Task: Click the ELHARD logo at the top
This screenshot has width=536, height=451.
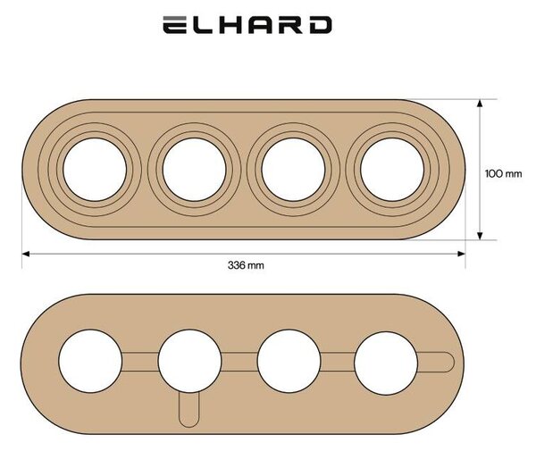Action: pyautogui.click(x=247, y=25)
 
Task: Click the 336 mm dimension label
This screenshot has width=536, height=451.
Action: pyautogui.click(x=246, y=265)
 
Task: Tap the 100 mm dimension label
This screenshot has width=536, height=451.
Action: pyautogui.click(x=504, y=174)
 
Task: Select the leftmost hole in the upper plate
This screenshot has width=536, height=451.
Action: pyautogui.click(x=95, y=170)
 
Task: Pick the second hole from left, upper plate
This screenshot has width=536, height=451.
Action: pyautogui.click(x=194, y=170)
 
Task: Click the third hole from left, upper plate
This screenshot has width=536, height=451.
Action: pyautogui.click(x=293, y=170)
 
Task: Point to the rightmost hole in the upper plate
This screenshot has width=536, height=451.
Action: pyautogui.click(x=392, y=170)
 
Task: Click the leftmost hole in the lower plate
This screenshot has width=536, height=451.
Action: pyautogui.click(x=90, y=361)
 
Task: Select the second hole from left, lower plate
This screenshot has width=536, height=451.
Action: pyautogui.click(x=189, y=361)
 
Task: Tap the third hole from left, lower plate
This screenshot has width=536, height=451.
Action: pyautogui.click(x=289, y=361)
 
